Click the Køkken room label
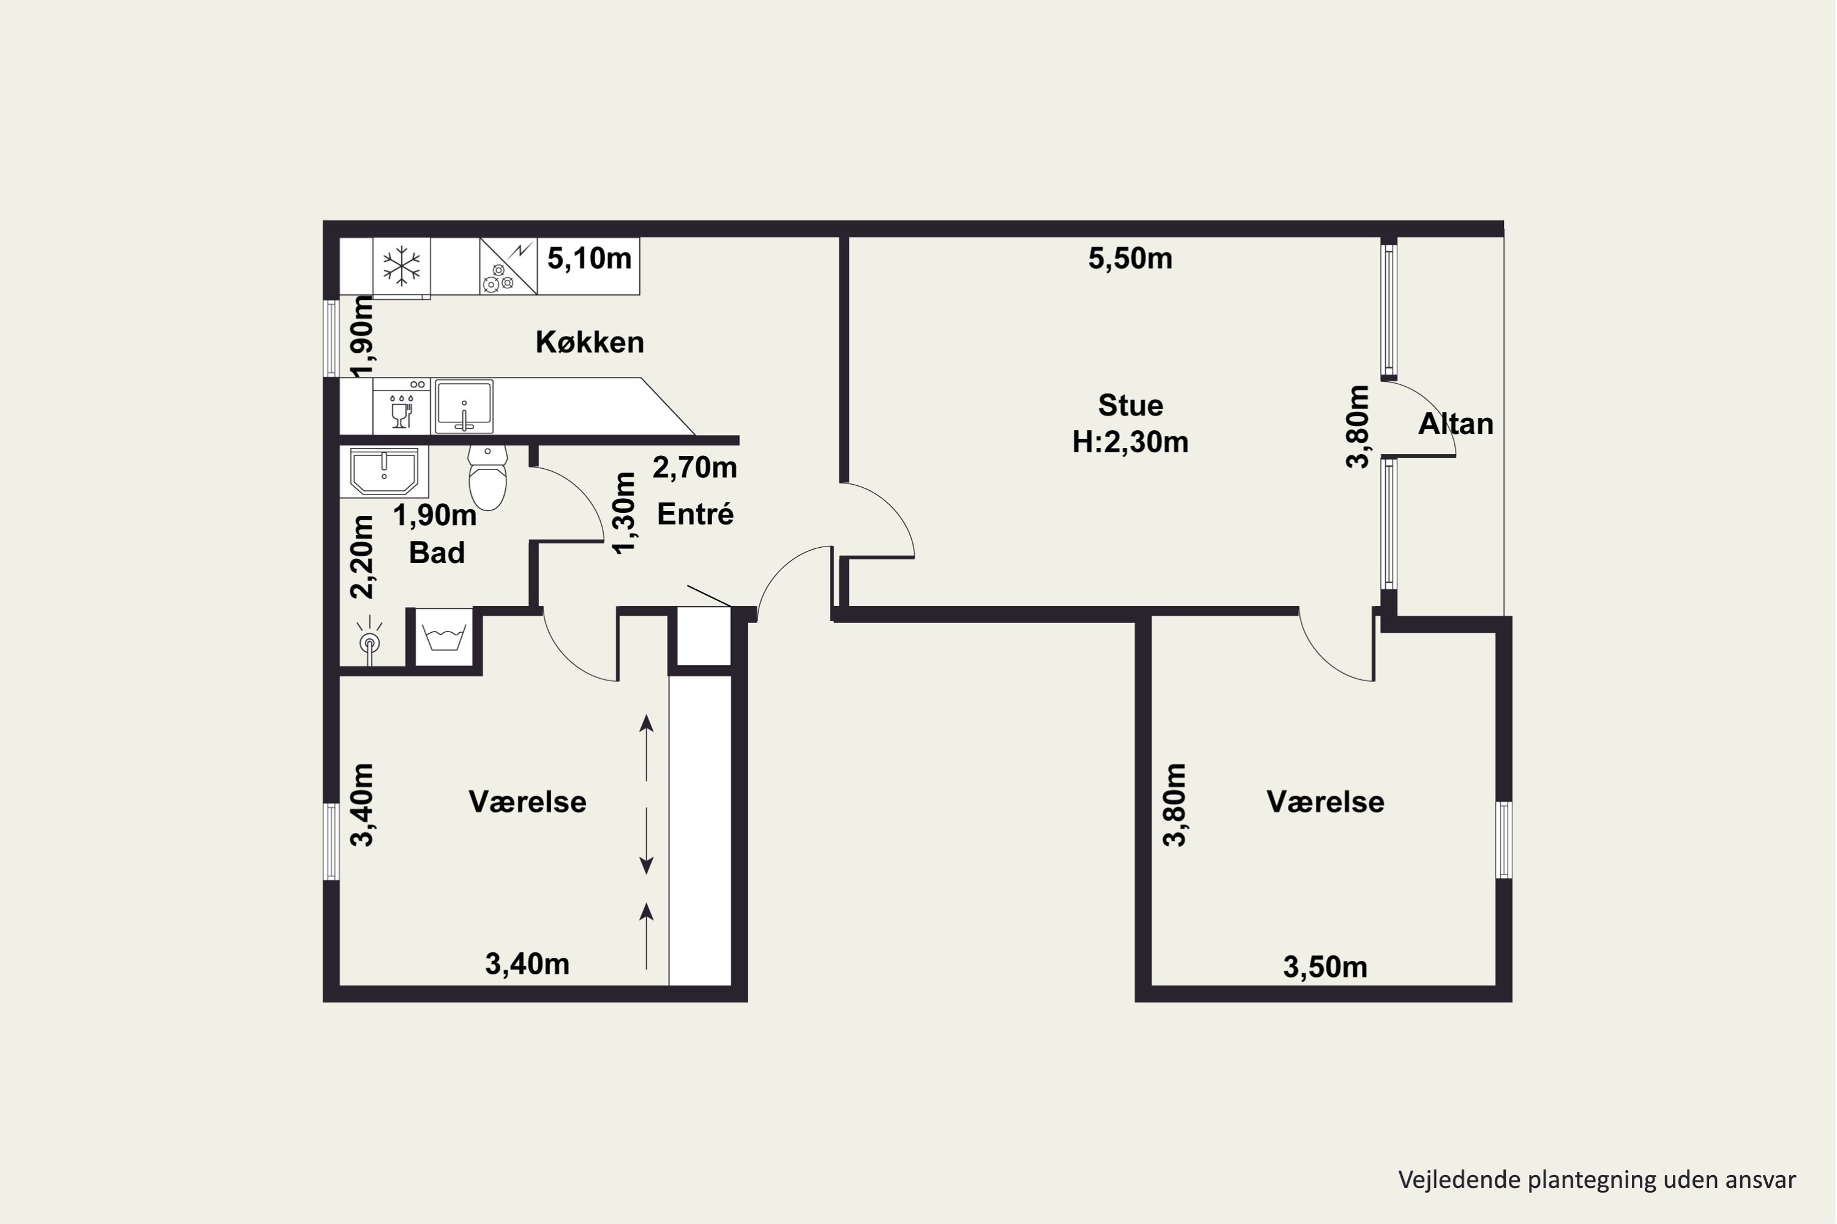590,342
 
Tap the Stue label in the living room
1130,405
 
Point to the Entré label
695,515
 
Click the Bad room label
437,553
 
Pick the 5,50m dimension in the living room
1130,258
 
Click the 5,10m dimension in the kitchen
589,258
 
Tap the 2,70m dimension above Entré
694,468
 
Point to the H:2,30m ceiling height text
1130,442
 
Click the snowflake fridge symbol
402,266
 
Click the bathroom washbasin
385,471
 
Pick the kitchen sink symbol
464,406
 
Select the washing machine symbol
443,637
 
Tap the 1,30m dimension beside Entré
624,513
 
